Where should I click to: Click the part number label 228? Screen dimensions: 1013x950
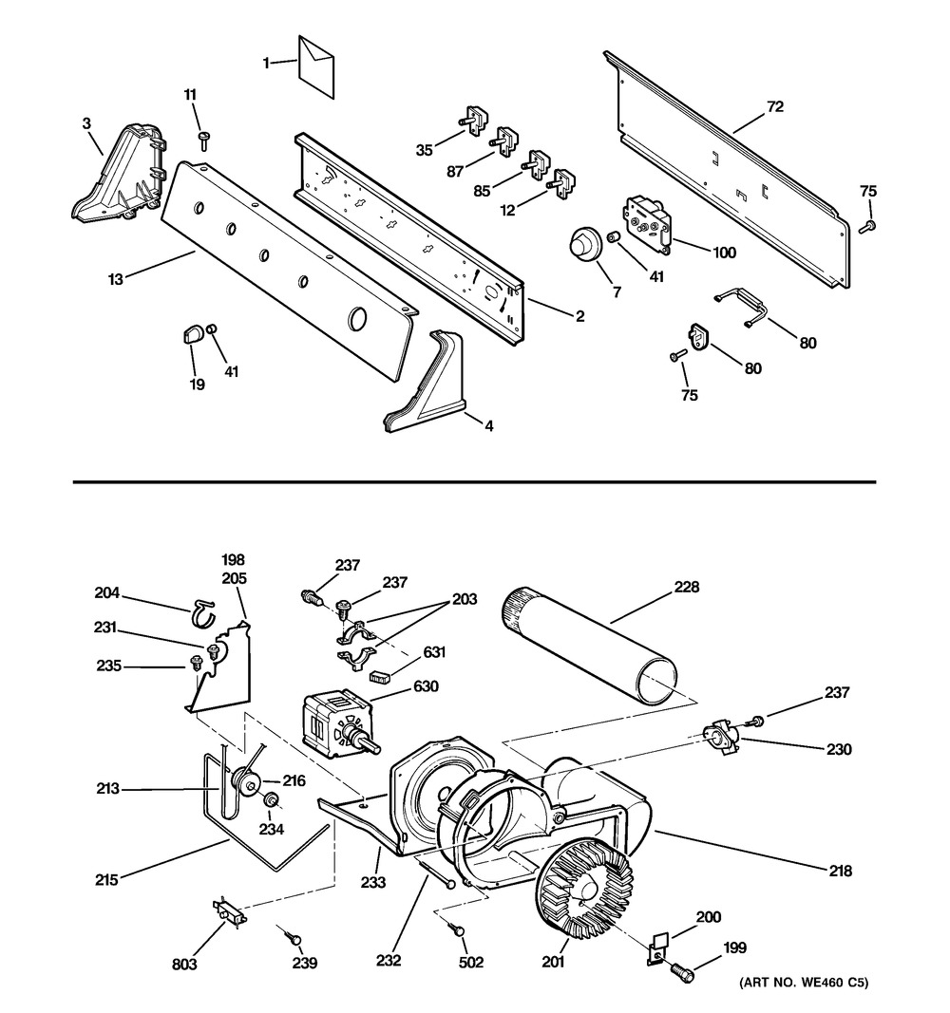click(x=687, y=587)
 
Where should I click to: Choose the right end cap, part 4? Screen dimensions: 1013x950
click(x=427, y=389)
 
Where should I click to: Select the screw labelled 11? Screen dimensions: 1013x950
click(x=203, y=141)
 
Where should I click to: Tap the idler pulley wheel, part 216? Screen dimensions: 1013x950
click(x=249, y=782)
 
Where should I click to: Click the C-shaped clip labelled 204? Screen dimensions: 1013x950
click(x=201, y=613)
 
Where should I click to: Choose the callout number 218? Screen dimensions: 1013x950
click(x=839, y=871)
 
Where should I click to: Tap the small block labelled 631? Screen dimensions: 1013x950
click(x=381, y=676)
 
